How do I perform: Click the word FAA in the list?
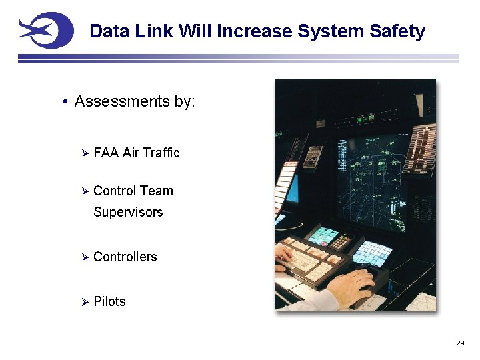(x=106, y=153)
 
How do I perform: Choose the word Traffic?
(x=162, y=153)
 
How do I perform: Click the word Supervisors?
(x=128, y=212)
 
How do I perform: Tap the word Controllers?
(x=125, y=257)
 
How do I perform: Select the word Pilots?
(x=109, y=301)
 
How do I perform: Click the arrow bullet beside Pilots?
(x=85, y=302)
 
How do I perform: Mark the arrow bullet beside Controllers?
(x=85, y=257)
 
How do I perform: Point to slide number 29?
(x=459, y=343)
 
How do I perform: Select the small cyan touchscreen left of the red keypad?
(x=324, y=235)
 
